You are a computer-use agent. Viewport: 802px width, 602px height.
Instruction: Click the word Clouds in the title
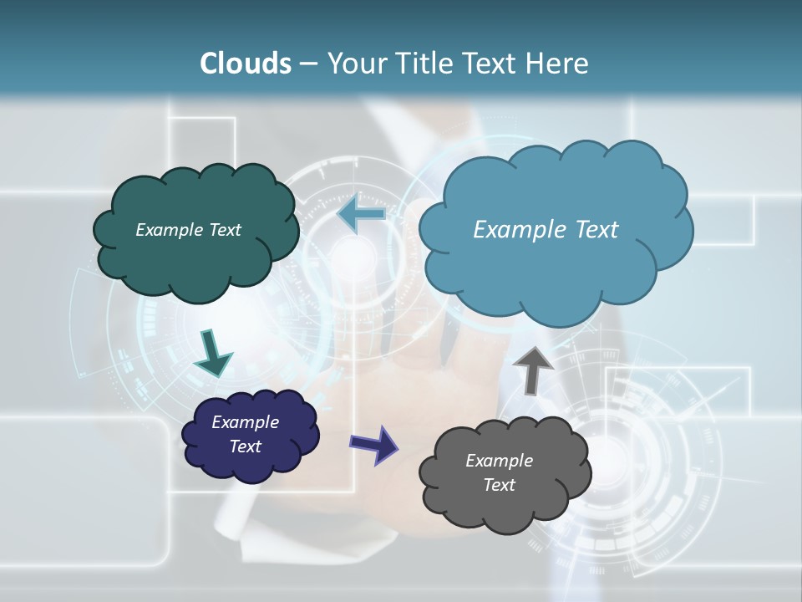[246, 64]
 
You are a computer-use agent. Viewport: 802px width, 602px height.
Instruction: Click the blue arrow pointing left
[361, 215]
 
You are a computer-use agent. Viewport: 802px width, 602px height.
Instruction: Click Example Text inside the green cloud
[188, 229]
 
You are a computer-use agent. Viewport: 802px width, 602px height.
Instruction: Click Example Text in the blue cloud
[546, 229]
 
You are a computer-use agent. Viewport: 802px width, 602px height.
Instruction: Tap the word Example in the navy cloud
[245, 422]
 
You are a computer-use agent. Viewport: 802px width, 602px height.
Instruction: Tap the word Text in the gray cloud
[499, 485]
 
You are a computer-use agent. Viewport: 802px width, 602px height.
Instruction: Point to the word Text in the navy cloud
[245, 446]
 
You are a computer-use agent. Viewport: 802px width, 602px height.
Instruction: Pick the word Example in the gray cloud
[499, 461]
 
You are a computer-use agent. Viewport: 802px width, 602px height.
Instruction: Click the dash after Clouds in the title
[307, 64]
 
